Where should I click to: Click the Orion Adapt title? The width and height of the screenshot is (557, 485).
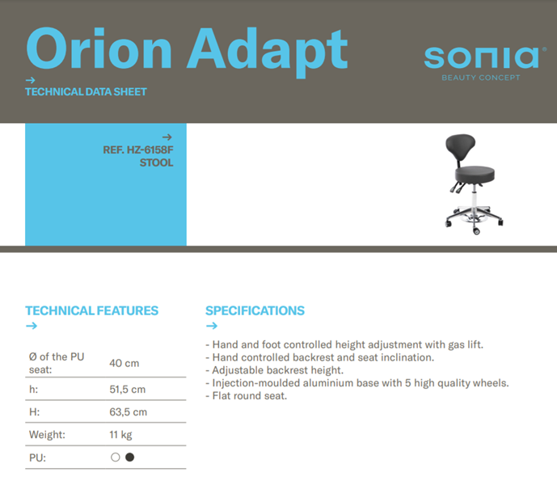[187, 52]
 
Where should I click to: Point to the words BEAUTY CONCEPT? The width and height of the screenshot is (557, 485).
[481, 78]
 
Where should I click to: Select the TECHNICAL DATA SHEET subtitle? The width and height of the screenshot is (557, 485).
[86, 92]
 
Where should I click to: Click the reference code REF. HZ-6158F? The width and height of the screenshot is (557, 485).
[138, 150]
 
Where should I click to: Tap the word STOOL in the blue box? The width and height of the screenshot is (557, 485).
[156, 162]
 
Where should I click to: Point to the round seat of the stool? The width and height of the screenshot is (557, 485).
[475, 175]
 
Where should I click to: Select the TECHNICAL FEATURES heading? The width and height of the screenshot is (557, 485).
[91, 310]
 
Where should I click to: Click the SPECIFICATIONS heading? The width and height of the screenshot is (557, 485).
[255, 310]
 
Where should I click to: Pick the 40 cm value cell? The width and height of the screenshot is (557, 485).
[124, 363]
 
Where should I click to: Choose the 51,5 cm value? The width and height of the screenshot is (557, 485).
[128, 390]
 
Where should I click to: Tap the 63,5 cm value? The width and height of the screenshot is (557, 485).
[129, 412]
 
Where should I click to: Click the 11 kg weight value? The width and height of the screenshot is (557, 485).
[120, 435]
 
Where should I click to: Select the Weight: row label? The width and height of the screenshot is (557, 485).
[47, 435]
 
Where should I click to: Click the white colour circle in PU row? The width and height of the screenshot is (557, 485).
[115, 458]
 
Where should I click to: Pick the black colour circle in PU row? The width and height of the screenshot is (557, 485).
[130, 458]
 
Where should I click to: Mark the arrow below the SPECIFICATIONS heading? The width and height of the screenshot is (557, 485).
[212, 326]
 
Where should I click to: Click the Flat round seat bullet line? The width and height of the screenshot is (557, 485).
[247, 396]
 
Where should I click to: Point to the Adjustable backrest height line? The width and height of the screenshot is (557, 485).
[275, 370]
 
